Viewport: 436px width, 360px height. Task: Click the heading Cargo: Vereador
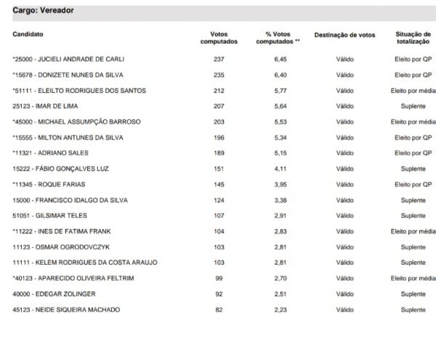43,11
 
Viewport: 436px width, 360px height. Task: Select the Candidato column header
28,34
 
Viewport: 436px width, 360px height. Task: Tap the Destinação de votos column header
344,34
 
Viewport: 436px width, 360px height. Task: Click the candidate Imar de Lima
41,106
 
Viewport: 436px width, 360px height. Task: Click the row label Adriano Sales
49,153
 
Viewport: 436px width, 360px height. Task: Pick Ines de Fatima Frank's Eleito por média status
413,231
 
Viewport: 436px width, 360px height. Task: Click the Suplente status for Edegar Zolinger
413,295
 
